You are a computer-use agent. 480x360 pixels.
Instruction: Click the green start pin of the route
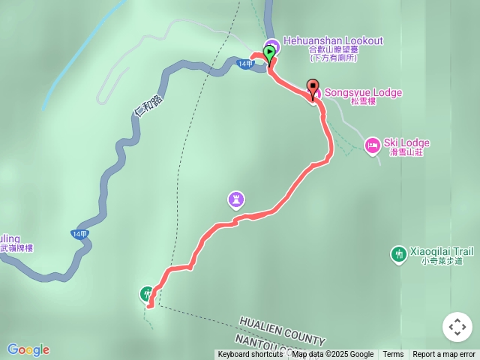(268, 53)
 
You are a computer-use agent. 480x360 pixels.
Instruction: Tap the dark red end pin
(312, 86)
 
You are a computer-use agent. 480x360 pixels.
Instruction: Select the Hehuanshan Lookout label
(333, 41)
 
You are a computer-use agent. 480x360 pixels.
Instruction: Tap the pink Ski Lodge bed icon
(372, 145)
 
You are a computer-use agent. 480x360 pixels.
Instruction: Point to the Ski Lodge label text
(406, 142)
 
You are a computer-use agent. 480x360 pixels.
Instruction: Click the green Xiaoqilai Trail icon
(398, 255)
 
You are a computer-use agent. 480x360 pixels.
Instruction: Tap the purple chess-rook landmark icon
(236, 199)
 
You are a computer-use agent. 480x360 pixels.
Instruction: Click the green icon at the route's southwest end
(148, 293)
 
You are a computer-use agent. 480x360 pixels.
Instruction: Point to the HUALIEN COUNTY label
(282, 331)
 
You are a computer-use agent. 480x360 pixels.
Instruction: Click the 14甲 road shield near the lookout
(245, 64)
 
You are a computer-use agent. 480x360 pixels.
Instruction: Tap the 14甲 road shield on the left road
(79, 234)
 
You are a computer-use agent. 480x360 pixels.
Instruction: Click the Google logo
(28, 349)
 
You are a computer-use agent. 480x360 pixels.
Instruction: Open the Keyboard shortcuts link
(250, 355)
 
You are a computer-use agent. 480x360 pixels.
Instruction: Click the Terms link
(393, 355)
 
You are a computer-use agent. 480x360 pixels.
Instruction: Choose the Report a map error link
(444, 355)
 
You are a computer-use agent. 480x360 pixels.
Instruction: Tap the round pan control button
(457, 327)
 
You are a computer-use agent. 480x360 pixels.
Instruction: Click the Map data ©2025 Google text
(333, 355)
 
